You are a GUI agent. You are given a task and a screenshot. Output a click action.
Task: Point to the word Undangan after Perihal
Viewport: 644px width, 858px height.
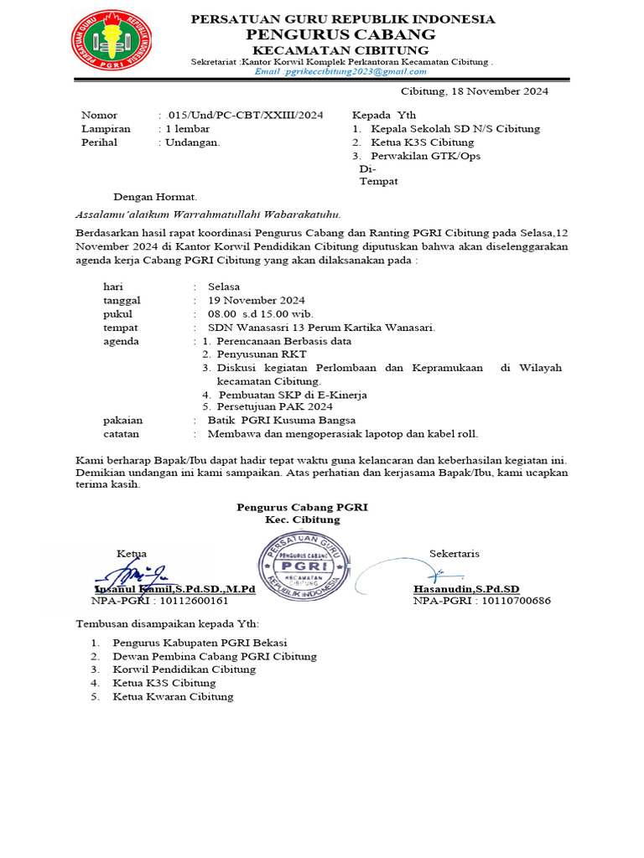click(193, 142)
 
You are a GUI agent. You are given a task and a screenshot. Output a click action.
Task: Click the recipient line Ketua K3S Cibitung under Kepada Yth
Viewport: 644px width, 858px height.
click(415, 142)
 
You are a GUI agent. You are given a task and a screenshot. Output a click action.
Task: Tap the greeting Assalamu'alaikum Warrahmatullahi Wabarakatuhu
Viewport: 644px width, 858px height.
click(209, 214)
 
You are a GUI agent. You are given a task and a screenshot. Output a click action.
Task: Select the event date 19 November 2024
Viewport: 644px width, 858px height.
click(257, 300)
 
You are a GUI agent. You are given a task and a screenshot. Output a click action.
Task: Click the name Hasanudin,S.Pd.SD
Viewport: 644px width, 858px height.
click(466, 589)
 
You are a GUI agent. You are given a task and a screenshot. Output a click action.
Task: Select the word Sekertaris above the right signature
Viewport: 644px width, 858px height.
click(454, 554)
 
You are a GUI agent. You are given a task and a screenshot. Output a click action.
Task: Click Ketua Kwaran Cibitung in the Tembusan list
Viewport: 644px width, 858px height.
click(174, 696)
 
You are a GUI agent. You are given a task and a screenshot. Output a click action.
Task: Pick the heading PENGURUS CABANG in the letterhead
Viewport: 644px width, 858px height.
click(340, 34)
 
